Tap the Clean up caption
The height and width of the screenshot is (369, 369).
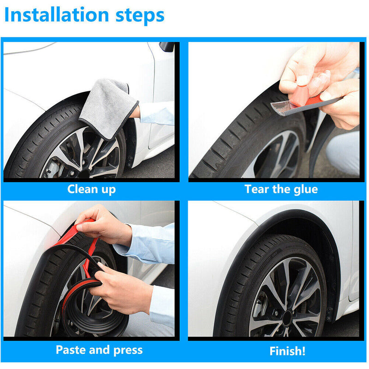[91, 189]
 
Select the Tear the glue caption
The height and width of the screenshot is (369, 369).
[281, 189]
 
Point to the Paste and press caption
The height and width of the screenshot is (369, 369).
[99, 350]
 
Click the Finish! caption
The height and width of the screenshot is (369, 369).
[287, 350]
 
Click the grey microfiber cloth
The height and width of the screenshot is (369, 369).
[107, 106]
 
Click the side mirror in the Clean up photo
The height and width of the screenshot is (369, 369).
[167, 47]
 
